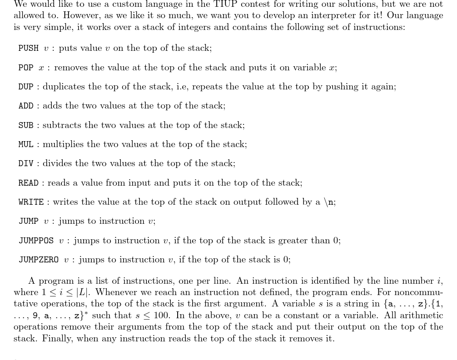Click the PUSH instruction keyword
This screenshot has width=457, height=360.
click(28, 48)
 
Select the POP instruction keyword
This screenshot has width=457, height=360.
click(26, 68)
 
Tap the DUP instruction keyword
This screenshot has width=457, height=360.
click(26, 87)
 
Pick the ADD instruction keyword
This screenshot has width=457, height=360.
click(26, 106)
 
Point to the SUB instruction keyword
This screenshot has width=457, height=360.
click(26, 125)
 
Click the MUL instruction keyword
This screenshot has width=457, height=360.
click(26, 144)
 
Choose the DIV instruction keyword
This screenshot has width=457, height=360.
click(26, 163)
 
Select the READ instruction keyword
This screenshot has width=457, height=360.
click(28, 183)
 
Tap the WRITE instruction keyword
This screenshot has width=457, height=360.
click(31, 202)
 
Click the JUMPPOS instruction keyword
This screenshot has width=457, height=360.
click(36, 241)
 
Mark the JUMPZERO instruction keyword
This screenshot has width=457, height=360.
click(39, 260)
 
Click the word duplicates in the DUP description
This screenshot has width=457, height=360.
click(63, 87)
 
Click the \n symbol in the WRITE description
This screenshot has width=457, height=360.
click(329, 202)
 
